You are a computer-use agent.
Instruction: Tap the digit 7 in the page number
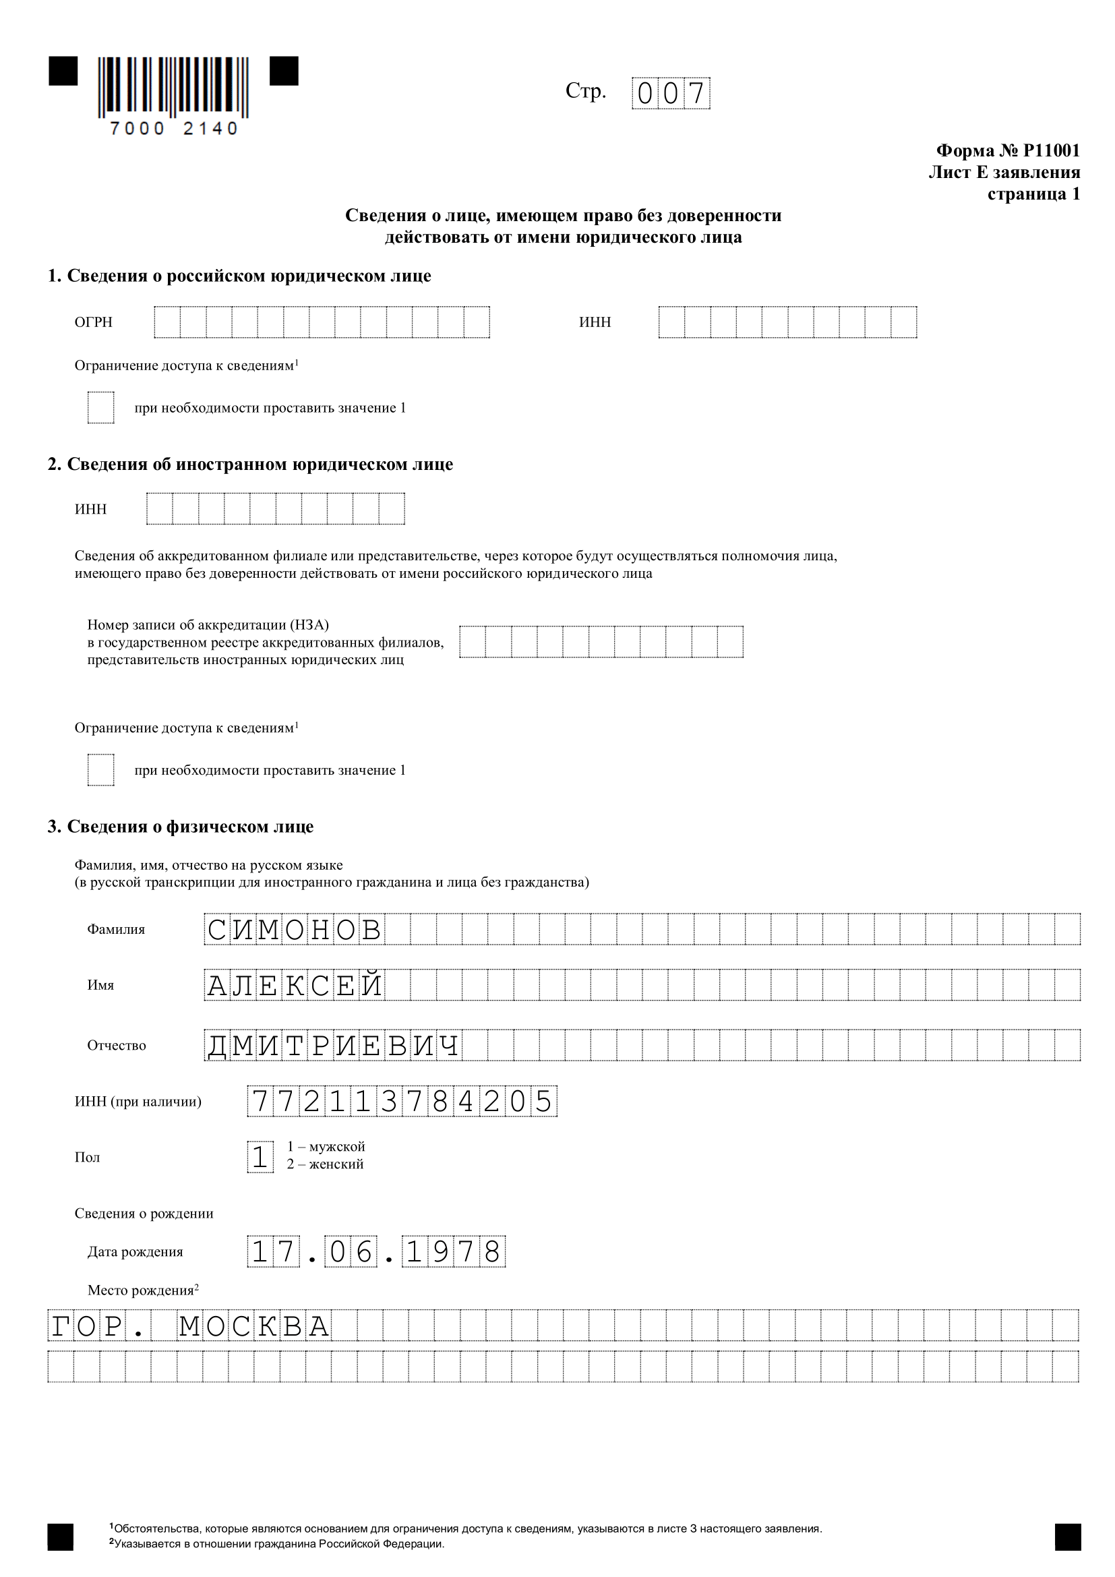(696, 94)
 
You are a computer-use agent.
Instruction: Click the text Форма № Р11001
(1007, 150)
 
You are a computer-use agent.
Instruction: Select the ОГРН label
(94, 322)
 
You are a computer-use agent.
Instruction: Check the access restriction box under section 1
(101, 407)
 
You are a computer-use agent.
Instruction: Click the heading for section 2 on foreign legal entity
(250, 465)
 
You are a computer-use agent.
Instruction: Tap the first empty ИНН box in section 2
(159, 509)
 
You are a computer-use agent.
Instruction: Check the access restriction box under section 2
(101, 770)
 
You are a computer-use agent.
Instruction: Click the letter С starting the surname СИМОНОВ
(217, 930)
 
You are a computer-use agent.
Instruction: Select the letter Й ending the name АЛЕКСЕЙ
(371, 986)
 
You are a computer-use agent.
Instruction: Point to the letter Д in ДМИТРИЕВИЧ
(217, 1046)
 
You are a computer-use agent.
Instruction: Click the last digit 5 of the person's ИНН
(543, 1102)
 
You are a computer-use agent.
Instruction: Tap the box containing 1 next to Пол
(260, 1157)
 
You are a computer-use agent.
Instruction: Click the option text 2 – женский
(326, 1164)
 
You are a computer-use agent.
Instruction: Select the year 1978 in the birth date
(454, 1251)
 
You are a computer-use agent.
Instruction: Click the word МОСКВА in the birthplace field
(255, 1326)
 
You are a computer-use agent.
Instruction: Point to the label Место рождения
(141, 1290)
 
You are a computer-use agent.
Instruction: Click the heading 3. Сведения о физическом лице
(181, 827)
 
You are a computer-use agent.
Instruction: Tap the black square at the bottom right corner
(1068, 1537)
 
